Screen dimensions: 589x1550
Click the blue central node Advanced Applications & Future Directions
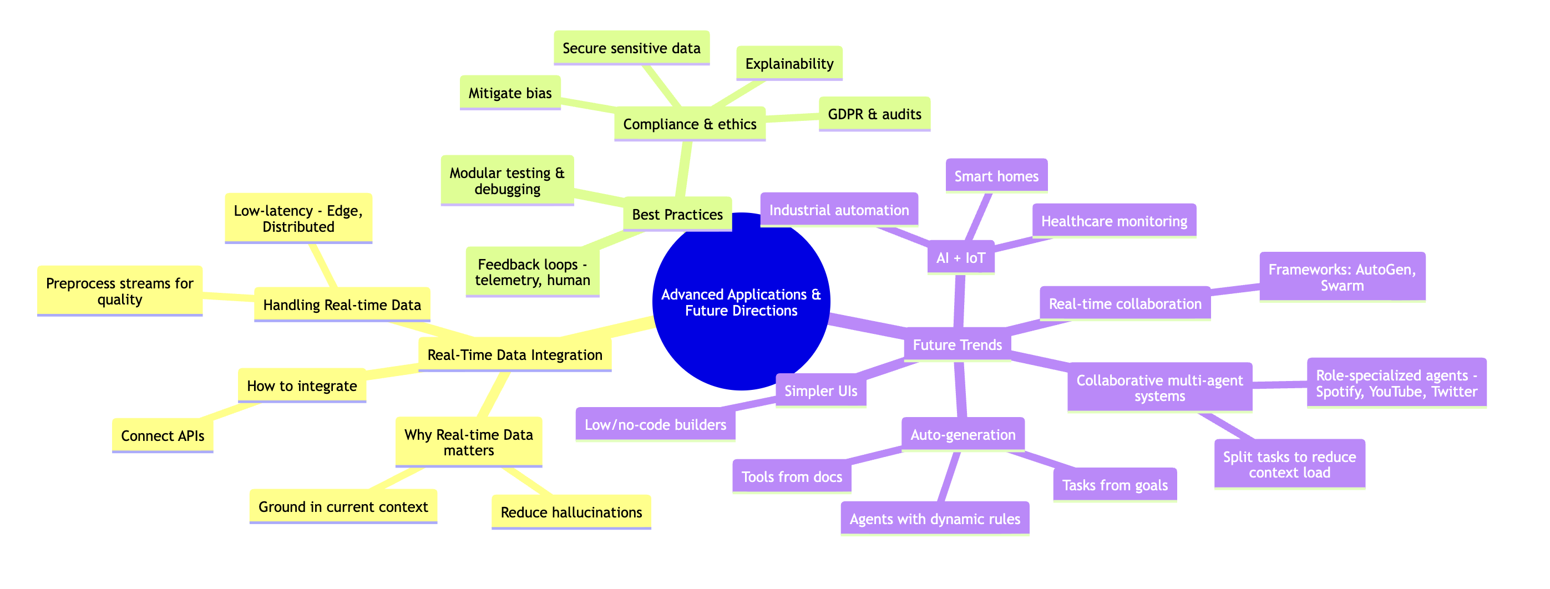[741, 302]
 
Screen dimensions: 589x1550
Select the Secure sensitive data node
[631, 48]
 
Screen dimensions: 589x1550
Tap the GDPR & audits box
[874, 114]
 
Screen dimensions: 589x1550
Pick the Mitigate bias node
[510, 93]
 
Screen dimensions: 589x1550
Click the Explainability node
[789, 63]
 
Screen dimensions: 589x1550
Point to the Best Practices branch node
[677, 214]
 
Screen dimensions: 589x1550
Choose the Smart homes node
[996, 176]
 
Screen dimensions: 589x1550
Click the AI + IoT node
[960, 257]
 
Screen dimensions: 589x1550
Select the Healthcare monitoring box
[1114, 221]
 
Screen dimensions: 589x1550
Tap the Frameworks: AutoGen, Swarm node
[1342, 277]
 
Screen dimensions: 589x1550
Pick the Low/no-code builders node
[655, 424]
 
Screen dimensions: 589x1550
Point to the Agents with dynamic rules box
[934, 519]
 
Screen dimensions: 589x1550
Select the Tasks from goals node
[1115, 484]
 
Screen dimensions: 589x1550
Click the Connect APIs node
[163, 435]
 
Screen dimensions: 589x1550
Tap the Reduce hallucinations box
[571, 512]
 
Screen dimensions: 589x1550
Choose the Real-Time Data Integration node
[514, 354]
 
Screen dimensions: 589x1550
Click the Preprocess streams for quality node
[120, 291]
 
